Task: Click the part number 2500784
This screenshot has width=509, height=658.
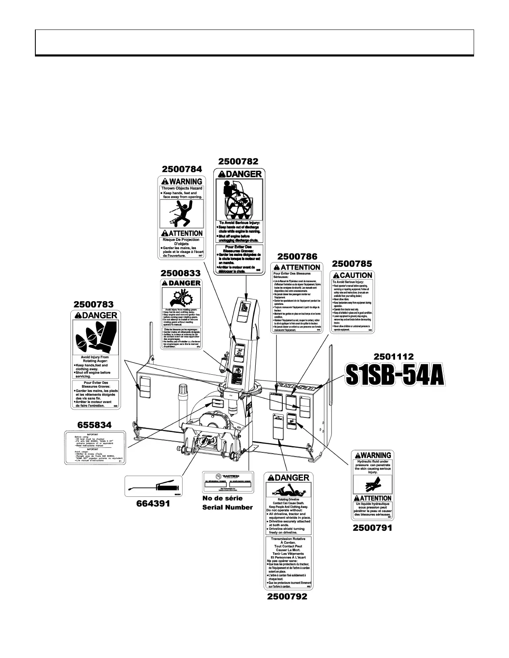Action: [x=182, y=169]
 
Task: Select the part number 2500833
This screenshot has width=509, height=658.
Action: [x=180, y=273]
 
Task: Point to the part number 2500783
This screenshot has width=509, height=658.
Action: [x=94, y=304]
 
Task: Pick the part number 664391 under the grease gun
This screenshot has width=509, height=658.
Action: [x=153, y=503]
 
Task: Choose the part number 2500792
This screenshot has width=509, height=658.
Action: [x=287, y=597]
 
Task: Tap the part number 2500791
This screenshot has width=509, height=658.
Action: [x=372, y=528]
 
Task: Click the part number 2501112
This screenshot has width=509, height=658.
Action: [x=393, y=356]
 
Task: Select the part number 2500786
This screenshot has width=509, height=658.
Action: [x=297, y=256]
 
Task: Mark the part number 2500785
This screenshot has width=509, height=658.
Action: [x=352, y=263]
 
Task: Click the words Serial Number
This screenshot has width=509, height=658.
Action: [x=227, y=507]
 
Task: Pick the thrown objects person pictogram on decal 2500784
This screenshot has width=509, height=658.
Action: [x=182, y=213]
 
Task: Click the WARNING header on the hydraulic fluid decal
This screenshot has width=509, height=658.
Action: [x=372, y=455]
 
